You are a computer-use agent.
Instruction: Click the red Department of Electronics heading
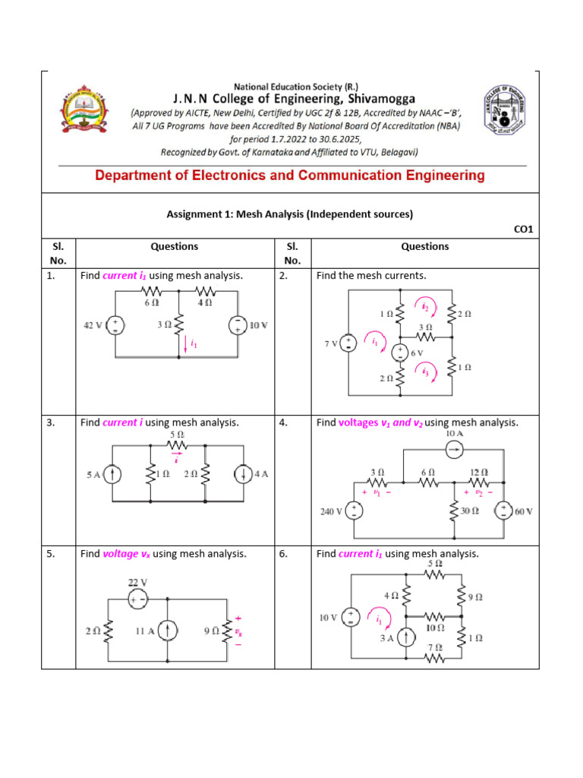coord(290,176)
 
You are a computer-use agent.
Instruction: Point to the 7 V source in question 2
coord(348,343)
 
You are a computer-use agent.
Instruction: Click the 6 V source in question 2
coord(399,353)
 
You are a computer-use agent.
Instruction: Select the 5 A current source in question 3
coord(112,475)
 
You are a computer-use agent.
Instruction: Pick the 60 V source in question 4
coord(502,511)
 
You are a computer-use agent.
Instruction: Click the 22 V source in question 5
coord(138,599)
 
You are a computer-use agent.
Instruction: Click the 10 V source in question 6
coord(352,618)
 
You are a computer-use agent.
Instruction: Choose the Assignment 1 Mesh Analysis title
coord(290,214)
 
